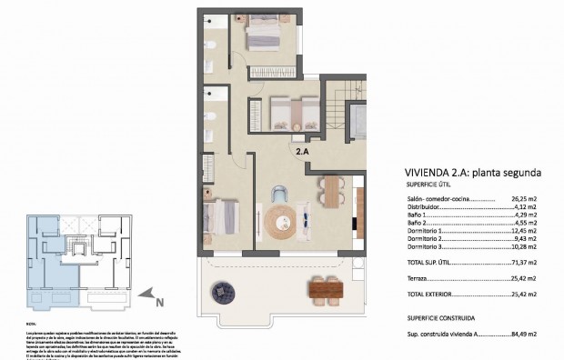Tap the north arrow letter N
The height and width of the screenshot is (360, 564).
pos(159,302)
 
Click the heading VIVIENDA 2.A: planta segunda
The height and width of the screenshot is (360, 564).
pos(474,172)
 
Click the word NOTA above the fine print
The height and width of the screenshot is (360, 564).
pos(31,323)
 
